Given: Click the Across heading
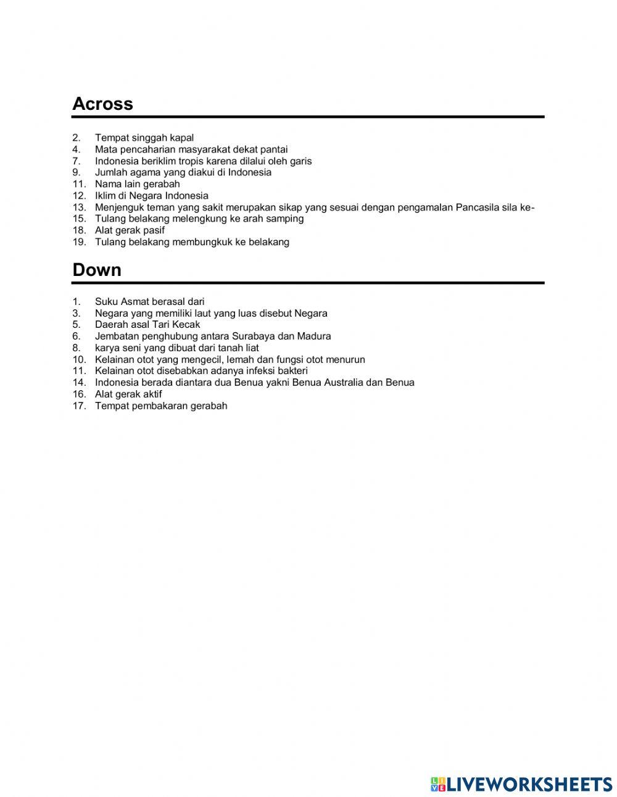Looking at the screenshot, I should (102, 104).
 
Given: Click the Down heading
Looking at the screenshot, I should (97, 270).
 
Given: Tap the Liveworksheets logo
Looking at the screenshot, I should (521, 784).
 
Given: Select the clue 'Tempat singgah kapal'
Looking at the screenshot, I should (144, 138).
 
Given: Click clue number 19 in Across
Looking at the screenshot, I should (79, 242).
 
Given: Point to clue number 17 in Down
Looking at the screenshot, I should (79, 406).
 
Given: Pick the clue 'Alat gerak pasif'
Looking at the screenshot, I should (130, 230).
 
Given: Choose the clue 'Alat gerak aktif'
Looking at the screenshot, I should (128, 394).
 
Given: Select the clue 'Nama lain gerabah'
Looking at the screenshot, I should (138, 184).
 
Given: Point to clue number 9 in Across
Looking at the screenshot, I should (77, 172).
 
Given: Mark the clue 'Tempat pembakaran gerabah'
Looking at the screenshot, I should (161, 406).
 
